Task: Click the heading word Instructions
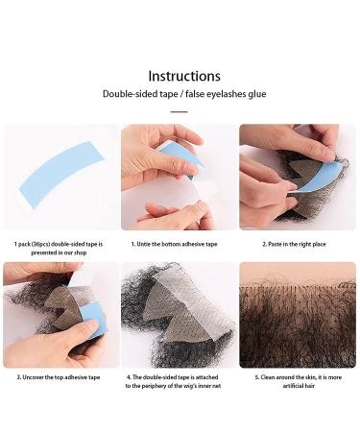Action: (x=183, y=76)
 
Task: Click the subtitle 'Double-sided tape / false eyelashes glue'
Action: (x=183, y=94)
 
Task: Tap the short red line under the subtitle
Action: (x=179, y=111)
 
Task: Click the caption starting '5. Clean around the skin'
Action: (x=298, y=377)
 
